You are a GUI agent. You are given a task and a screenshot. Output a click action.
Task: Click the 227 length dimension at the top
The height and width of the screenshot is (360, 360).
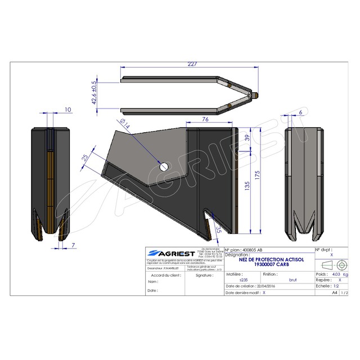(x=192, y=64)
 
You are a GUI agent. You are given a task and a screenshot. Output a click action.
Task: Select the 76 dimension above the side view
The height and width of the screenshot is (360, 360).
(x=205, y=119)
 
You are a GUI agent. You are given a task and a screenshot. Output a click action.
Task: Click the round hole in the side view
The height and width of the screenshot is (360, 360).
(x=164, y=167)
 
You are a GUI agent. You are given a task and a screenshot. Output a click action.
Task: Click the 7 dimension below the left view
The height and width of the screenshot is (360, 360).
(x=74, y=246)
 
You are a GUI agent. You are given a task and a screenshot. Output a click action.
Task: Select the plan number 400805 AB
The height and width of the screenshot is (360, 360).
(x=250, y=249)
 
